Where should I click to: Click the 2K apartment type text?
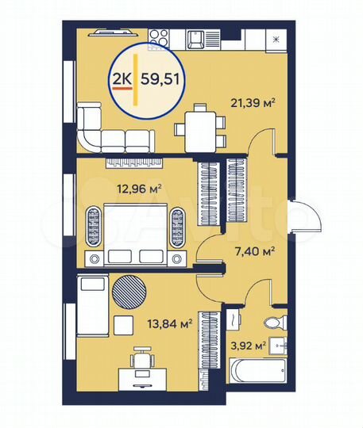pos(122,78)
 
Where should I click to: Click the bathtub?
pos(255,370)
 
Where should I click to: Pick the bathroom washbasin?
pos(279,346)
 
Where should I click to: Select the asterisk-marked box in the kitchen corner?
pos(276,37)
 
